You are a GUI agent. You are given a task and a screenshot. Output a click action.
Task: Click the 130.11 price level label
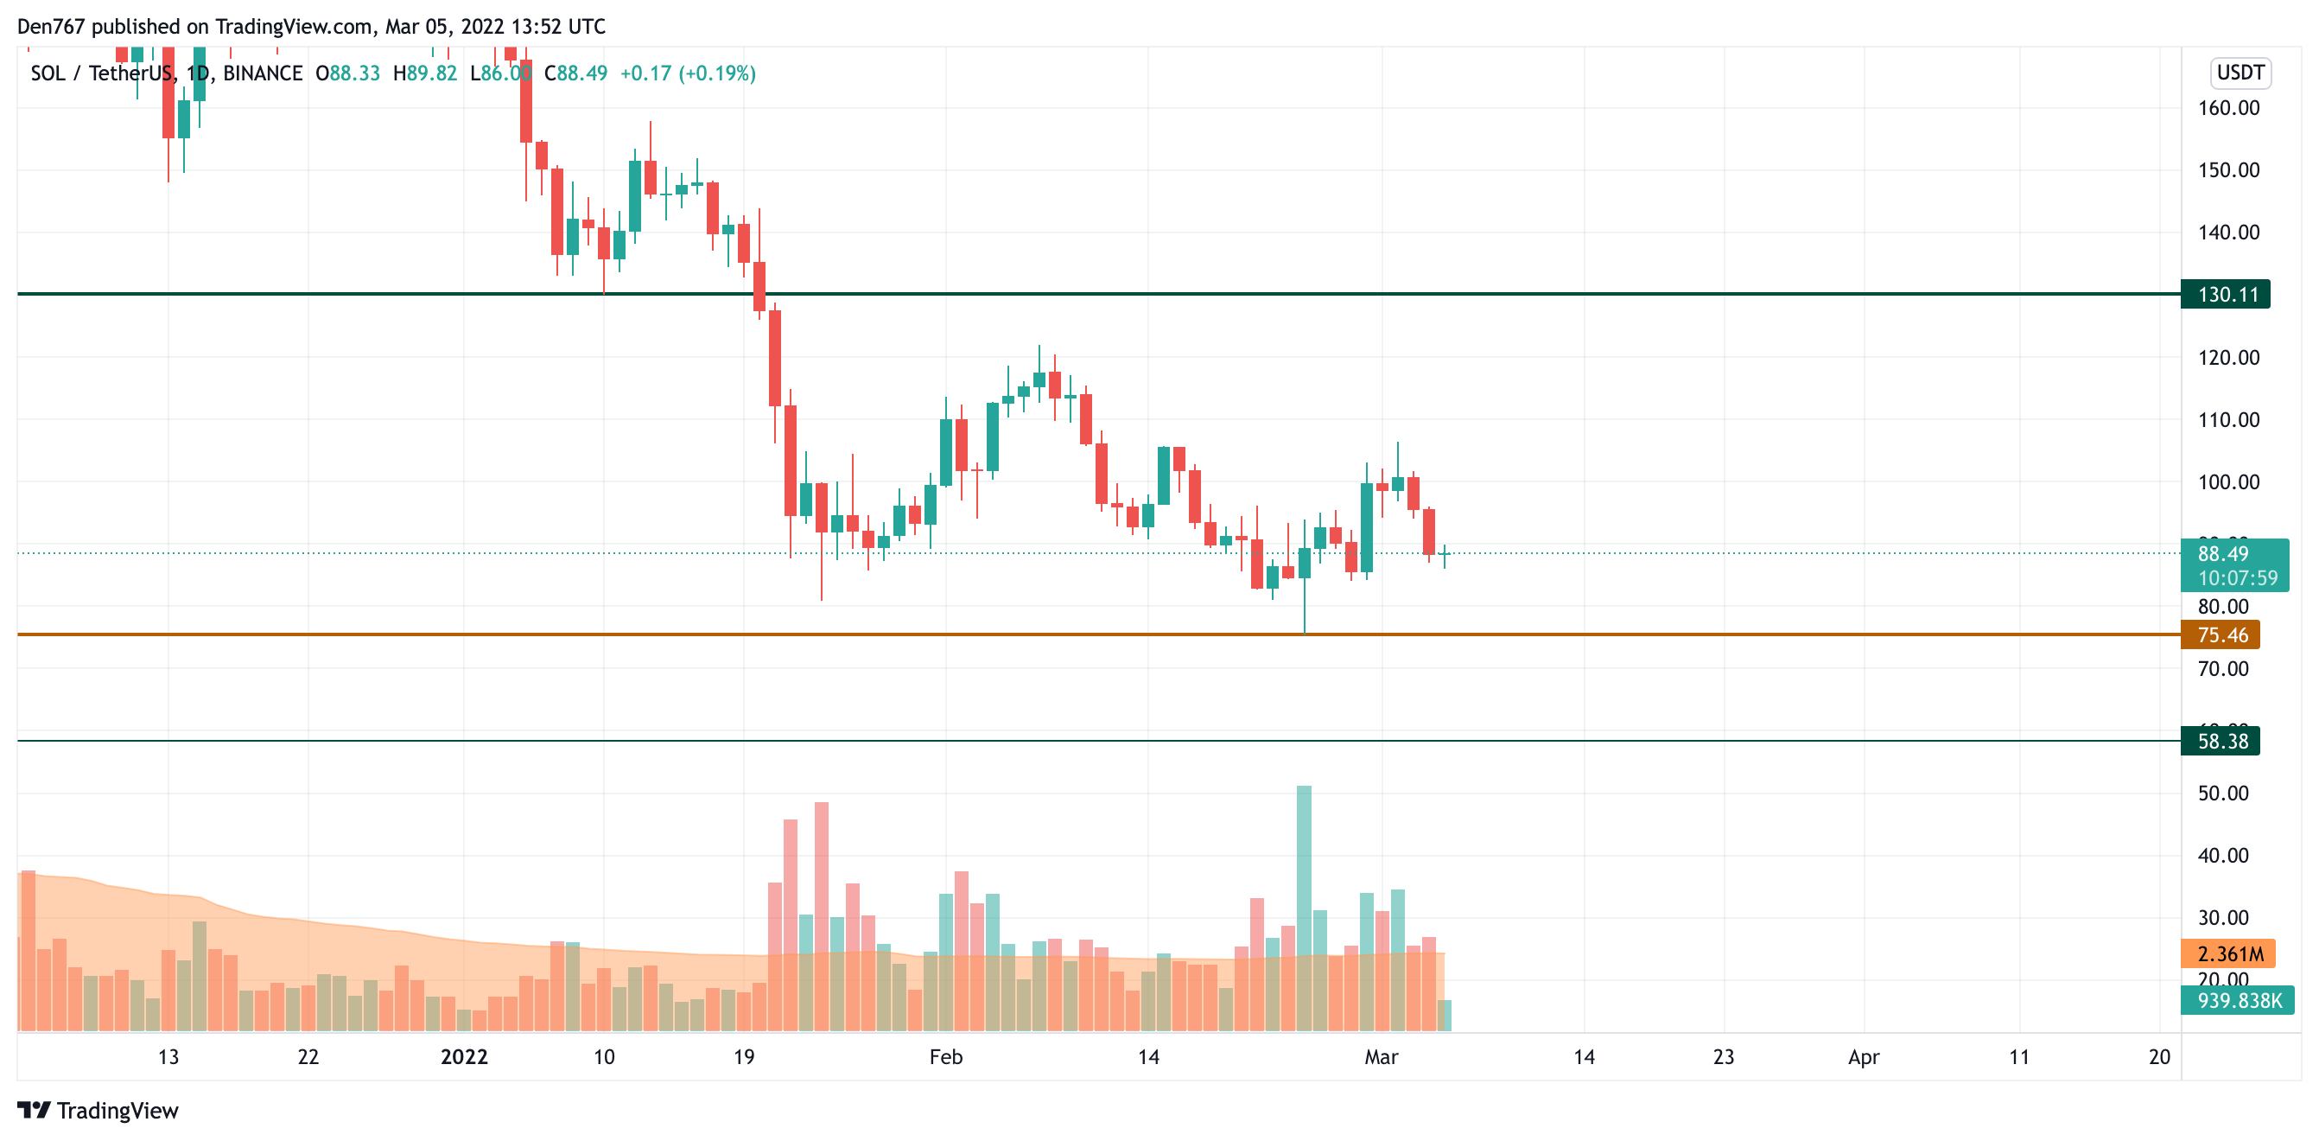(2225, 295)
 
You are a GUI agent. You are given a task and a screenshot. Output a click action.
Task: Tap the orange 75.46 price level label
(2220, 634)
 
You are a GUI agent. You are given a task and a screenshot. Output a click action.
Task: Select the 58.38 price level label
(2220, 741)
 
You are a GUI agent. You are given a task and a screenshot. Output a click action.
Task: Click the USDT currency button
(2240, 73)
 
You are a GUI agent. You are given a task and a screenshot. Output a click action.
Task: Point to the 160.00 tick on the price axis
(2228, 108)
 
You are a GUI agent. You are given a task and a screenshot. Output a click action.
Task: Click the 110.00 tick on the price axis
(2228, 419)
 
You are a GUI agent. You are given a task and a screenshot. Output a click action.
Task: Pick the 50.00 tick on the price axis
(2223, 794)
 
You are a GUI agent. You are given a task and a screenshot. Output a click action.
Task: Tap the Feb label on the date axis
(945, 1057)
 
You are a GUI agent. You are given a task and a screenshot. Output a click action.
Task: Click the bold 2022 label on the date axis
(464, 1057)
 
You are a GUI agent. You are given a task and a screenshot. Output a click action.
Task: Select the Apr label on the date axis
(1863, 1057)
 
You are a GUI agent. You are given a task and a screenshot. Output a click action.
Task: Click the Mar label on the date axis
(1381, 1057)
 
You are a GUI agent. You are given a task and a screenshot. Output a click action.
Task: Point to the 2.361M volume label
(2227, 953)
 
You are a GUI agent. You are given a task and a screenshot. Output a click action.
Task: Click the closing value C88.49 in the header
(576, 73)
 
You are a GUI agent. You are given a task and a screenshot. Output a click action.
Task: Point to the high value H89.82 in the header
(425, 73)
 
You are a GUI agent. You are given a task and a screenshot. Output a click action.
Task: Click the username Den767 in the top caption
(50, 26)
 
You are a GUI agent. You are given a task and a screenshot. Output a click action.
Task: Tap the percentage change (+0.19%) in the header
(716, 73)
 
